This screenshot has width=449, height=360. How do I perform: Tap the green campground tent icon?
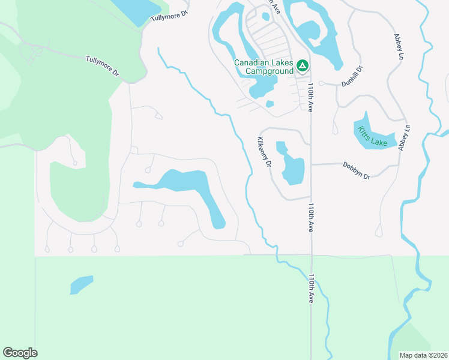(302, 64)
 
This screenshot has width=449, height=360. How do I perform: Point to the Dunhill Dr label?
(353, 77)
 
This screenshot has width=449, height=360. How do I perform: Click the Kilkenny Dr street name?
(264, 152)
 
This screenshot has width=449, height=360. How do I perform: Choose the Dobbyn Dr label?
(357, 170)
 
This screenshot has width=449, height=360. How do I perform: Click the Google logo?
(20, 353)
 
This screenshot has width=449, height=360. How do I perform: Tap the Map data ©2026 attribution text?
(424, 355)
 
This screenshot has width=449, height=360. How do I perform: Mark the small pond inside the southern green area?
(82, 284)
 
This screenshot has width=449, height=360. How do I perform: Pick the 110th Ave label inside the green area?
(311, 288)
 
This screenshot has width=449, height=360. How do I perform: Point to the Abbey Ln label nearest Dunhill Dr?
(398, 46)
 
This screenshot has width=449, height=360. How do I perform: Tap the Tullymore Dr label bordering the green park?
(103, 66)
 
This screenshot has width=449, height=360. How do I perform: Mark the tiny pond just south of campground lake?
(270, 104)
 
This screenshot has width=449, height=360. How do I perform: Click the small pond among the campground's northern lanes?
(266, 16)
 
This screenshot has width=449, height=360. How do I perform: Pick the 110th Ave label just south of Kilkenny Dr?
(311, 217)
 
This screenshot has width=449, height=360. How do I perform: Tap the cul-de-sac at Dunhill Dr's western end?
(322, 83)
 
